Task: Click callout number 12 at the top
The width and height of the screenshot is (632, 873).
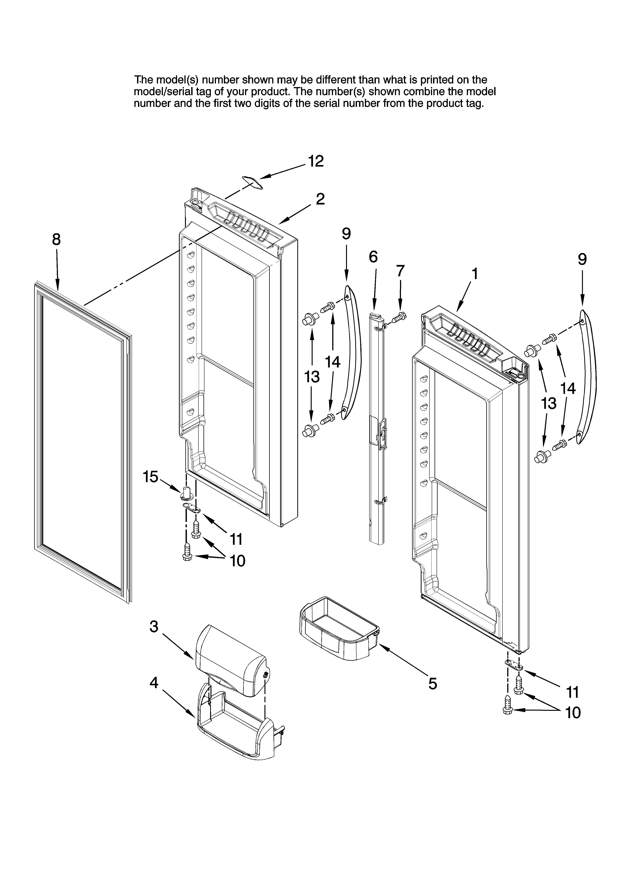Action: click(316, 161)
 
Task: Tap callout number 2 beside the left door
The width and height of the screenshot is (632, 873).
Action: click(320, 199)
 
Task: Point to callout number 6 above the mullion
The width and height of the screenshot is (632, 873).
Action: click(373, 257)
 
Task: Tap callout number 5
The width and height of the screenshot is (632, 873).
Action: click(433, 684)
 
